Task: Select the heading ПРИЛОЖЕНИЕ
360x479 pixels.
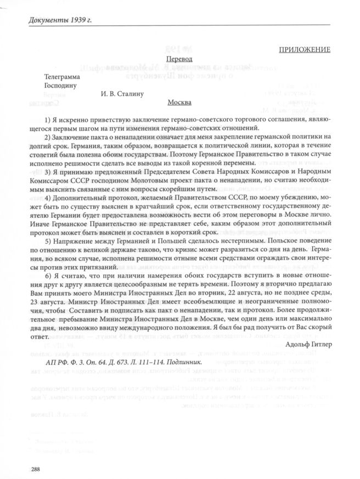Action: tap(304, 50)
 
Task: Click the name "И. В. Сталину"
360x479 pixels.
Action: tap(122, 94)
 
